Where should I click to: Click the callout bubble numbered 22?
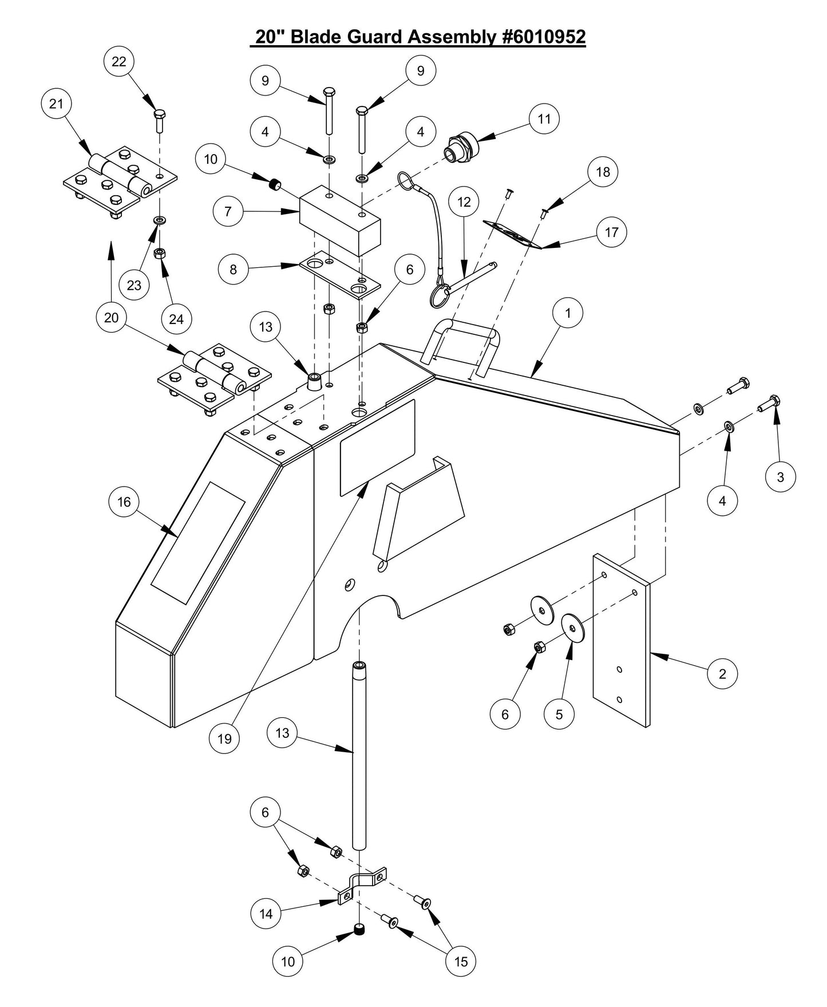(x=118, y=61)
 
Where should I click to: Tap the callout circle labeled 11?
(x=544, y=119)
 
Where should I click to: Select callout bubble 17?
(x=611, y=232)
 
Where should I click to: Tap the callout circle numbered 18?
(x=603, y=172)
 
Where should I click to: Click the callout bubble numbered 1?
(x=568, y=313)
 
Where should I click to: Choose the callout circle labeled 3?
(x=781, y=476)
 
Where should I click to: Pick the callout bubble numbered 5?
(x=559, y=714)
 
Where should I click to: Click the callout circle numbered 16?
(x=124, y=502)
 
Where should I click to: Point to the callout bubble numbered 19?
(x=224, y=739)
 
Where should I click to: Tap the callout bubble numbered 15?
(x=461, y=961)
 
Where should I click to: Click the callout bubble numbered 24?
(x=176, y=319)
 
